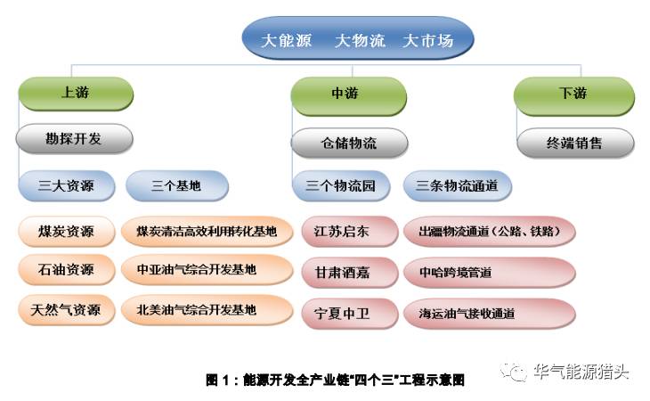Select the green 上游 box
[75, 93]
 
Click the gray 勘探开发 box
[74, 139]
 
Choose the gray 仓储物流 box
[349, 143]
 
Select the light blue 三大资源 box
[66, 187]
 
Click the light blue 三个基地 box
[176, 187]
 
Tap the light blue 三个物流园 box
[341, 187]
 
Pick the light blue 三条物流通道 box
[457, 187]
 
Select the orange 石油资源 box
[67, 269]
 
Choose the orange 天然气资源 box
[67, 311]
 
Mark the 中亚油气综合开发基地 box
[207, 269]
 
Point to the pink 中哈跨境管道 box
[488, 272]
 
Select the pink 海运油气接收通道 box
[488, 314]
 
